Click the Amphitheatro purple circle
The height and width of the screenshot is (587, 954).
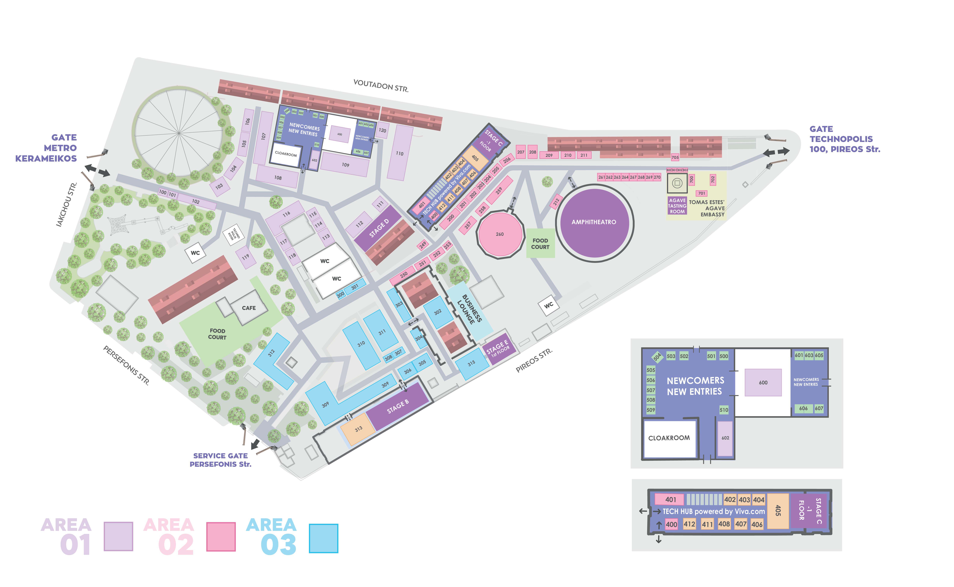point(594,223)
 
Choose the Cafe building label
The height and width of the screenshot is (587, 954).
point(249,308)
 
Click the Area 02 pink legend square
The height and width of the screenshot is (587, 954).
point(221,537)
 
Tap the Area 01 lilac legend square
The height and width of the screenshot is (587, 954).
point(118,536)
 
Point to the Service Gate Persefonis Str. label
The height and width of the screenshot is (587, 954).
point(220,460)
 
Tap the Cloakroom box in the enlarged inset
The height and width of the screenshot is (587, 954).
point(669,438)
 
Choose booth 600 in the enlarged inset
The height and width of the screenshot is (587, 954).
point(763,382)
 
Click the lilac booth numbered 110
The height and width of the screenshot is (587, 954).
point(400,153)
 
